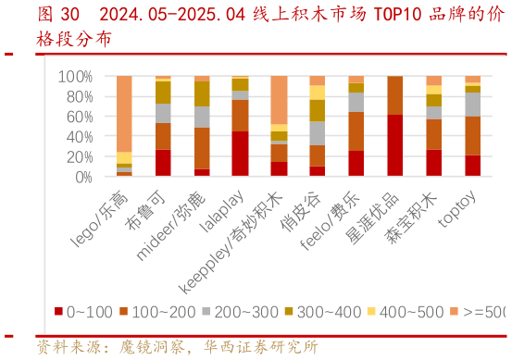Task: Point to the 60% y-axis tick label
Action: point(76,117)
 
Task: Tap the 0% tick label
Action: point(81,176)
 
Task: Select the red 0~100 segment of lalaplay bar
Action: point(240,154)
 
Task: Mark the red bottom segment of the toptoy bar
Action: point(473,166)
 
